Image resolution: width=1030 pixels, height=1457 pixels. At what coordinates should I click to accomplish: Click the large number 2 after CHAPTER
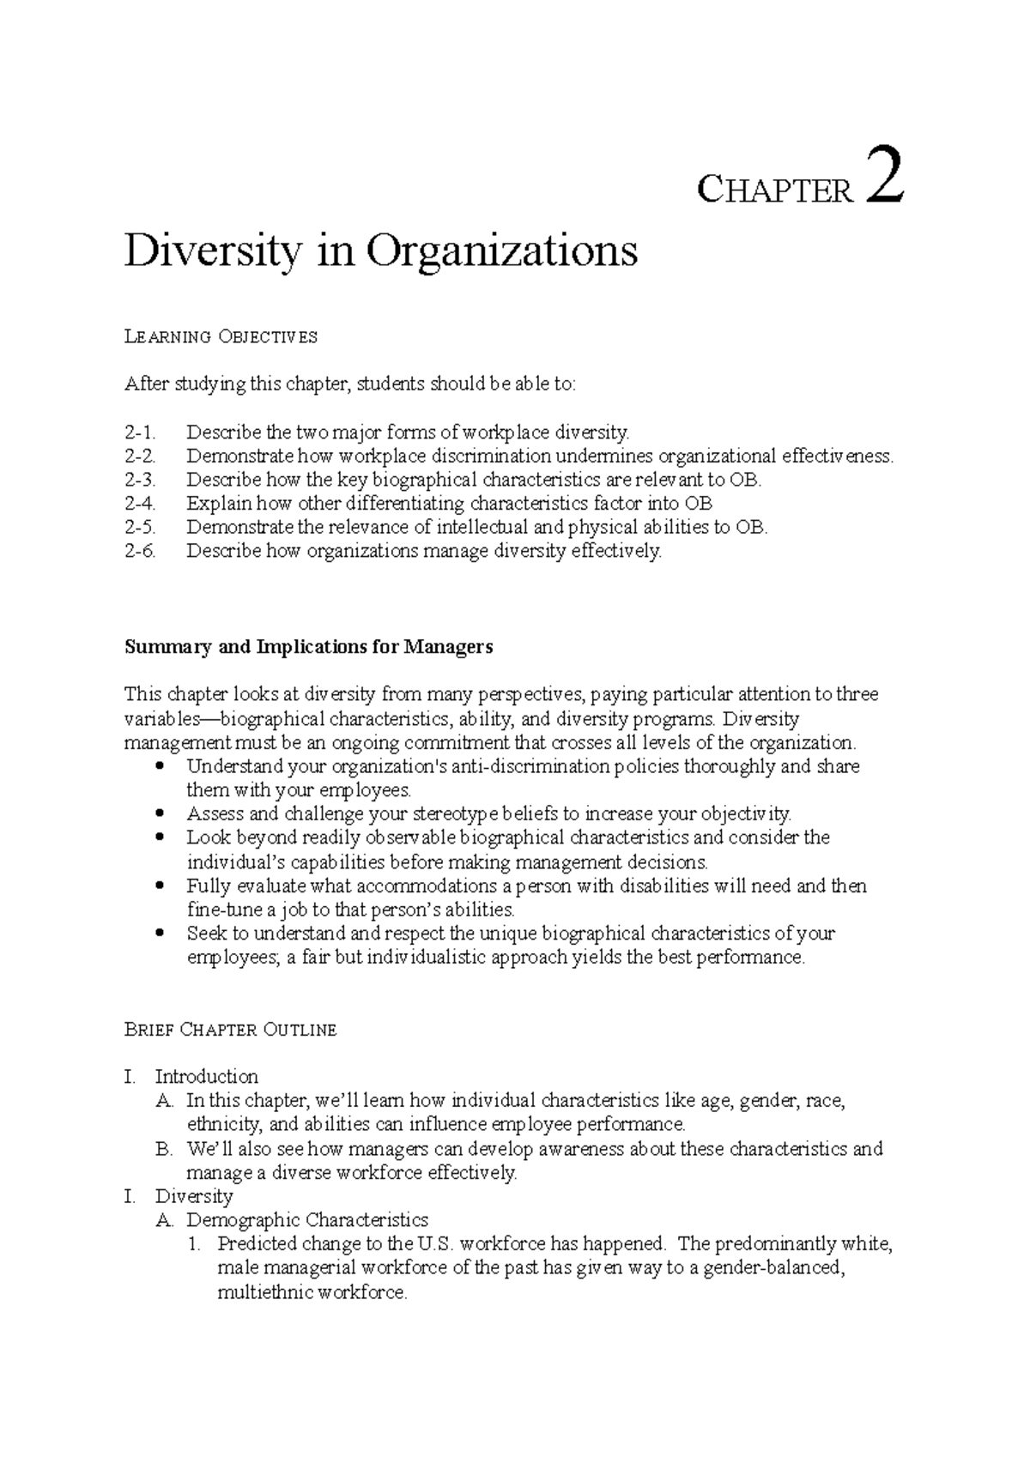point(885,176)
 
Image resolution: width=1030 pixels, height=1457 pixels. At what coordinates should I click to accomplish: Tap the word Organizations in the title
point(502,251)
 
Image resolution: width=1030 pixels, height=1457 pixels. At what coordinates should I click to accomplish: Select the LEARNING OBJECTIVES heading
point(221,337)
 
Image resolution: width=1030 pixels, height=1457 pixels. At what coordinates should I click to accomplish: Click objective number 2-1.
point(141,432)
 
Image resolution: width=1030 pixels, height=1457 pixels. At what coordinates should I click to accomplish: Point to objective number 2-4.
point(141,504)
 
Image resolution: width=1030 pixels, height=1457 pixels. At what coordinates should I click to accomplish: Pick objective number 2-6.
point(141,552)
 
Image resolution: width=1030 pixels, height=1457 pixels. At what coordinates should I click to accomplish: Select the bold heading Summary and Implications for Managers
point(309,647)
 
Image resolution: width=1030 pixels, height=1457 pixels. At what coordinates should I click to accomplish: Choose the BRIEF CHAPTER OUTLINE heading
point(230,1030)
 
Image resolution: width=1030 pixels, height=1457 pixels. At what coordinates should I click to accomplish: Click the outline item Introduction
point(206,1077)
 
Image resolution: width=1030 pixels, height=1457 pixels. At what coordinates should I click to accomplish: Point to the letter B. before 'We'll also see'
point(164,1149)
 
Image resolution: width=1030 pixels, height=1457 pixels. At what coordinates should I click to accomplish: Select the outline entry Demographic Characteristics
point(307,1220)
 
